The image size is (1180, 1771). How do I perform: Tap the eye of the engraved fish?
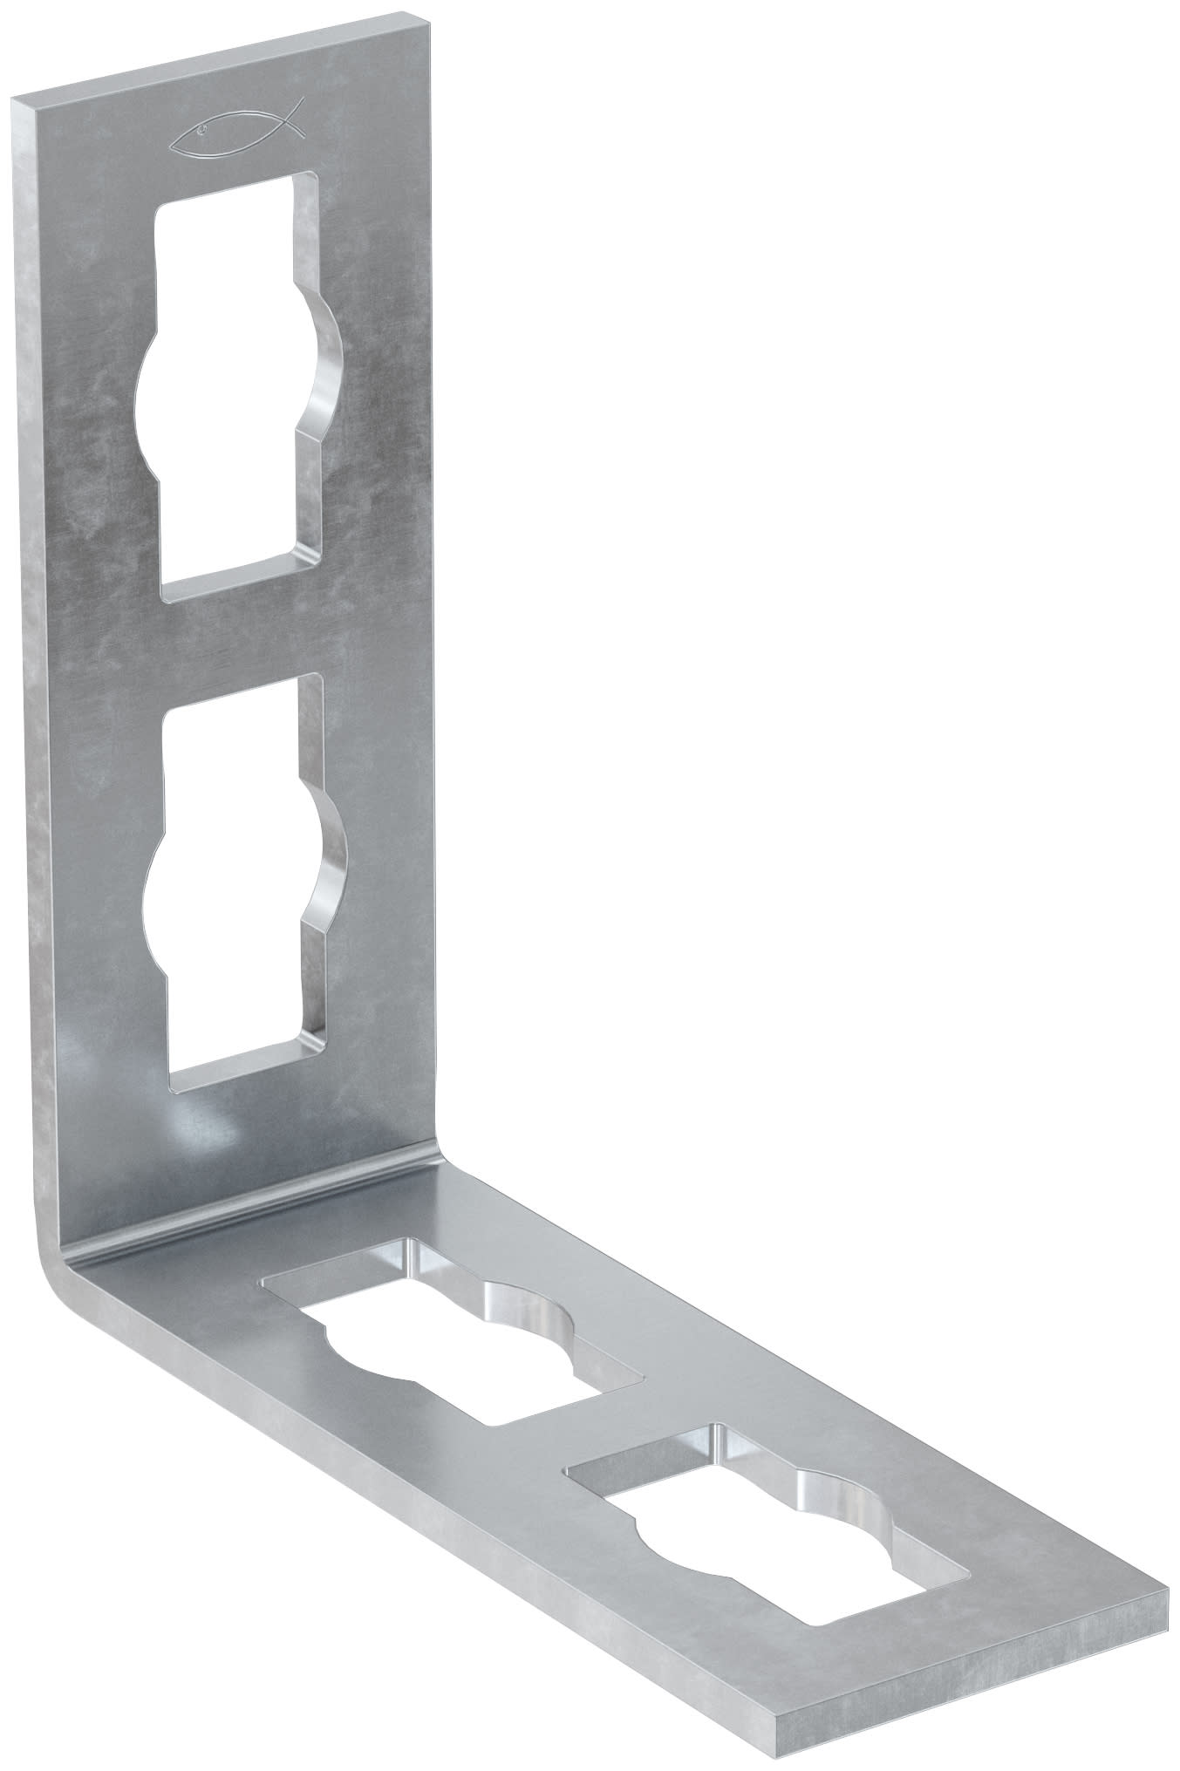pyautogui.click(x=202, y=133)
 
